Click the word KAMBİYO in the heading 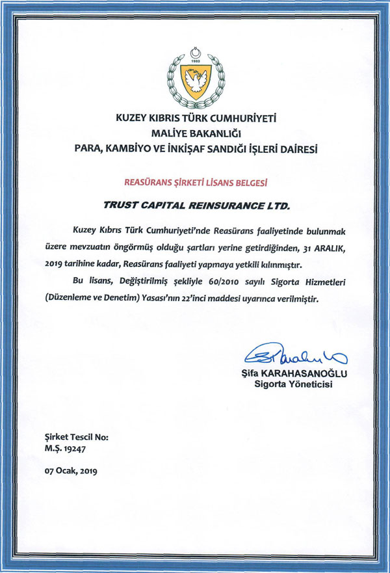132,149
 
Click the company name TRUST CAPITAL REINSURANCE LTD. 195,205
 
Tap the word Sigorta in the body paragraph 266,284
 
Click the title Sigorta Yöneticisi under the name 292,385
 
